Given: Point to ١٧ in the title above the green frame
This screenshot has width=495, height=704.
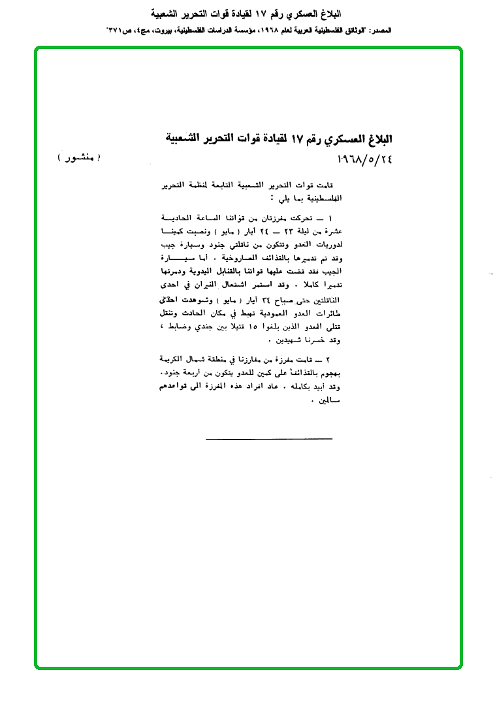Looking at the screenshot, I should point(264,13).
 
